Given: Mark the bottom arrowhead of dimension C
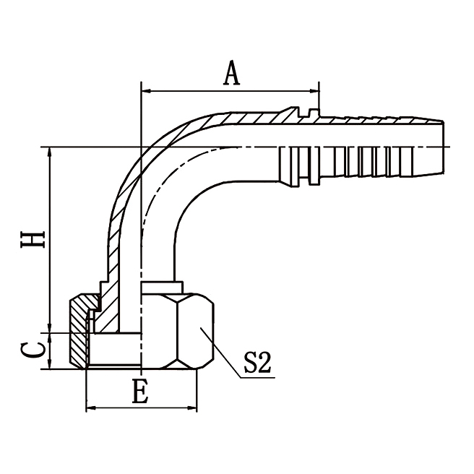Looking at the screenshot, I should pos(50,365).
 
